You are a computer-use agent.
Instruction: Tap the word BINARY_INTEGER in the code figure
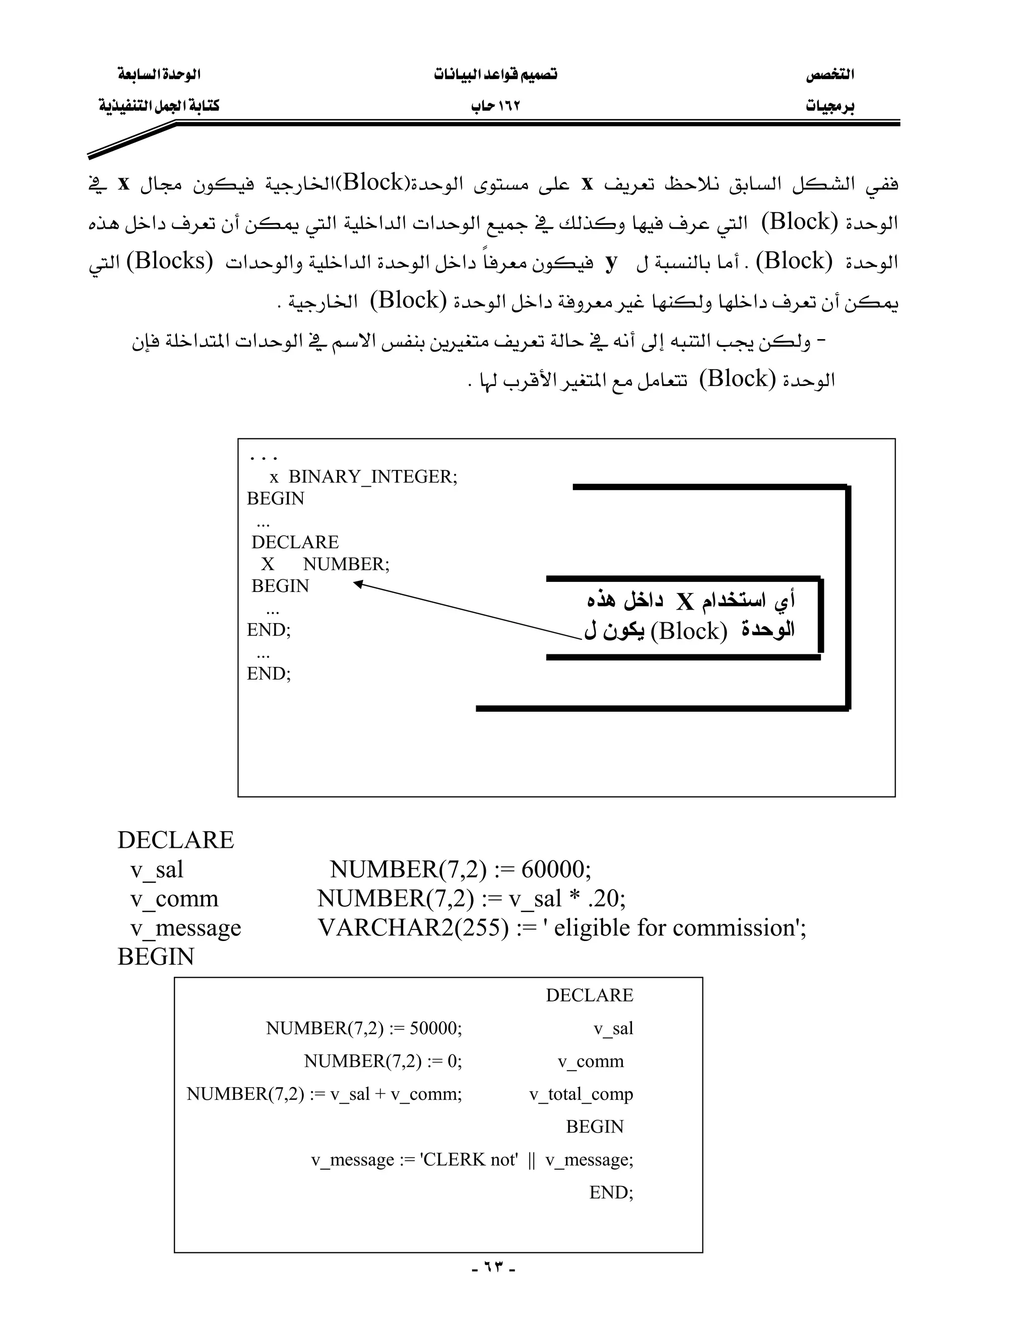[x=372, y=477]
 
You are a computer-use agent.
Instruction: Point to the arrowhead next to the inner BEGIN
[x=358, y=584]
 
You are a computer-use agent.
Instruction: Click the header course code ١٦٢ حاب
[x=495, y=106]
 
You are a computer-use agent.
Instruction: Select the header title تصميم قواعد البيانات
[x=495, y=75]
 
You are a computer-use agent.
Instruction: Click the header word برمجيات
[x=829, y=106]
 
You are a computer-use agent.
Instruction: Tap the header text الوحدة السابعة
[x=159, y=75]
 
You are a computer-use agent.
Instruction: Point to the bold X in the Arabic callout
[x=685, y=603]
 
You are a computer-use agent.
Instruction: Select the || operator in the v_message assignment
[x=531, y=1160]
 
